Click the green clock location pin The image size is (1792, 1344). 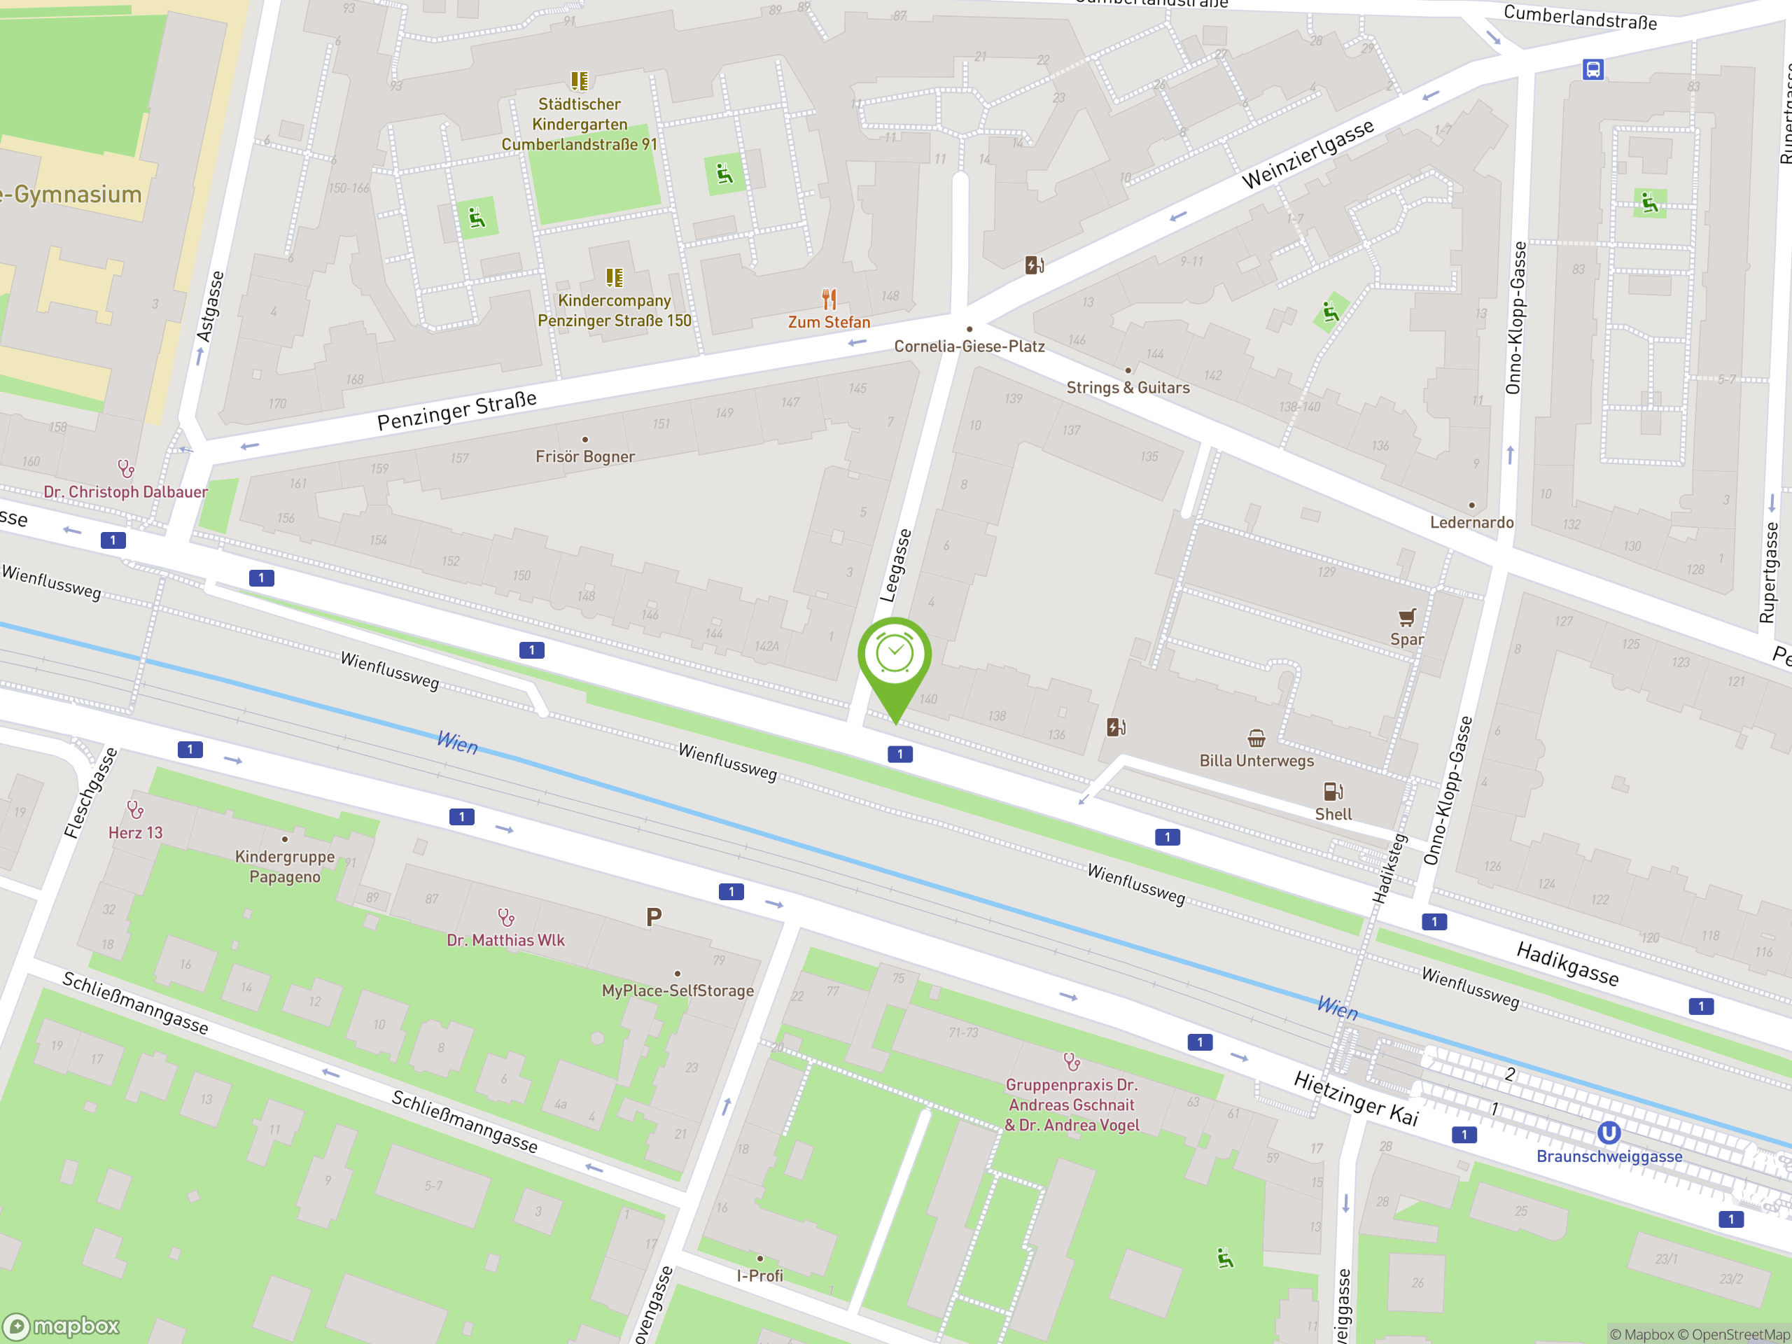click(895, 656)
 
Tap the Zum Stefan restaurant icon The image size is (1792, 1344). click(829, 299)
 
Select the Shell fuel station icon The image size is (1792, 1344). click(1333, 792)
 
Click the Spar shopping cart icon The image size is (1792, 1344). click(1407, 617)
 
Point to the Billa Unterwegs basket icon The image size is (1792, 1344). click(1256, 738)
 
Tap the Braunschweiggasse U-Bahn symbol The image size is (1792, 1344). click(1609, 1133)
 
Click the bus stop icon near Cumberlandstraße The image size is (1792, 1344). click(1592, 70)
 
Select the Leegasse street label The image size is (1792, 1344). click(895, 566)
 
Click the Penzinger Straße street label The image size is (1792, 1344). click(457, 411)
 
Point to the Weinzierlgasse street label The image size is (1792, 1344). click(1308, 154)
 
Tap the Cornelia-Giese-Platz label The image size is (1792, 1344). click(969, 346)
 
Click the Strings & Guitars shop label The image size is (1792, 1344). click(1128, 388)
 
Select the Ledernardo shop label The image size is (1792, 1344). click(1471, 522)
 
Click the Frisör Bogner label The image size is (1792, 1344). click(585, 457)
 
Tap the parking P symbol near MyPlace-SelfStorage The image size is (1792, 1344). click(654, 917)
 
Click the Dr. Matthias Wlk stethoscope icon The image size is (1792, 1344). click(506, 917)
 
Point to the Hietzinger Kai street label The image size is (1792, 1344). click(1355, 1098)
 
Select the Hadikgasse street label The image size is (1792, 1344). click(1567, 964)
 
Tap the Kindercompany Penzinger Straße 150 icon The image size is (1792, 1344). click(615, 278)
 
